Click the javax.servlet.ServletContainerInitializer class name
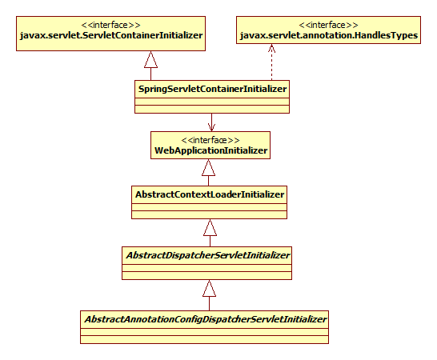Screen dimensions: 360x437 pyautogui.click(x=110, y=35)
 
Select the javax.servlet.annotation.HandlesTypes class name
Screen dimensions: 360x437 pyautogui.click(x=328, y=35)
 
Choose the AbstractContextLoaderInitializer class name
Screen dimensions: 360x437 pyautogui.click(x=210, y=194)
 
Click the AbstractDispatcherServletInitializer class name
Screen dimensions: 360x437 pyautogui.click(x=206, y=254)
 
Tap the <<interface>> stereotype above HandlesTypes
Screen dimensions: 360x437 pyautogui.click(x=329, y=24)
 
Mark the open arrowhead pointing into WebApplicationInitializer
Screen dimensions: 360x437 pyautogui.click(x=210, y=124)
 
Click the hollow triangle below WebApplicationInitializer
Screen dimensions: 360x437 pyautogui.click(x=210, y=168)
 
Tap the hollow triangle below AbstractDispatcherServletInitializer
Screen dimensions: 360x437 pyautogui.click(x=210, y=289)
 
